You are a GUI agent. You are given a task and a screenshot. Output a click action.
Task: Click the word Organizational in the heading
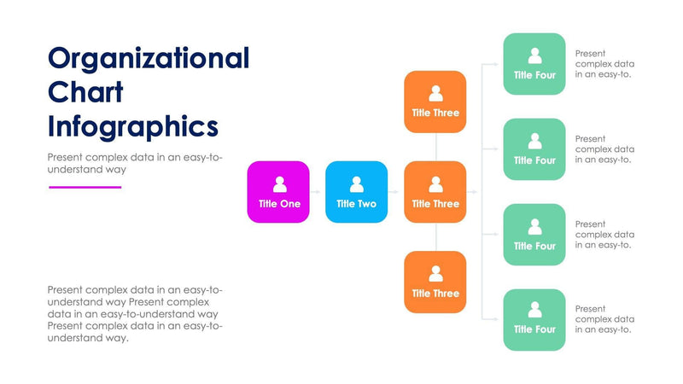[x=149, y=58]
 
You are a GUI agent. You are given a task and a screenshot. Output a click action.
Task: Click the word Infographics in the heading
[x=133, y=126]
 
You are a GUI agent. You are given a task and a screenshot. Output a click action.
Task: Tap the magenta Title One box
[x=278, y=192]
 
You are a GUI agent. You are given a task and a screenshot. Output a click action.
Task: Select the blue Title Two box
[x=356, y=192]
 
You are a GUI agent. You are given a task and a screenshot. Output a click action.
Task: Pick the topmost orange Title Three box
[x=435, y=102]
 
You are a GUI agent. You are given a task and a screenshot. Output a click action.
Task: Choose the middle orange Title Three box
[x=435, y=192]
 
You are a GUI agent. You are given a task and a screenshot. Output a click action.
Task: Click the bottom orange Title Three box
[x=435, y=282]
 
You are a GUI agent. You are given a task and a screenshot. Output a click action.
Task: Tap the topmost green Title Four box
[x=534, y=64]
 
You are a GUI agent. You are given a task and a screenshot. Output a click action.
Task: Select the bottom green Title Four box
[x=534, y=320]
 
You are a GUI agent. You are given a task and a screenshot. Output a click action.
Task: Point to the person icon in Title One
[x=279, y=184]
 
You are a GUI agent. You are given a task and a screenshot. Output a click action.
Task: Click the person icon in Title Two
[x=357, y=184]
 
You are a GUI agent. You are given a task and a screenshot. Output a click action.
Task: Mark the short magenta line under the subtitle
[x=85, y=187]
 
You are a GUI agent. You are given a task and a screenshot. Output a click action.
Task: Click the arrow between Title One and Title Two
[x=317, y=192]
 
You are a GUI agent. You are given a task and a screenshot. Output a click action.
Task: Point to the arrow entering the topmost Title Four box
[x=493, y=64]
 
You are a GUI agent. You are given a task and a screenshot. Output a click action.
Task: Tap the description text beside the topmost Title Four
[x=604, y=63]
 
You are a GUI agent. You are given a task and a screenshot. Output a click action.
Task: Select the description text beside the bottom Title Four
[x=604, y=319]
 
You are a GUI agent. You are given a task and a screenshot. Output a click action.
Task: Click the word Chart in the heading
[x=85, y=92]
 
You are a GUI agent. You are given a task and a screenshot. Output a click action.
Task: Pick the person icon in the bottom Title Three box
[x=435, y=274]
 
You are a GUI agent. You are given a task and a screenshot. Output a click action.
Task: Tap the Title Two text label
[x=356, y=204]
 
